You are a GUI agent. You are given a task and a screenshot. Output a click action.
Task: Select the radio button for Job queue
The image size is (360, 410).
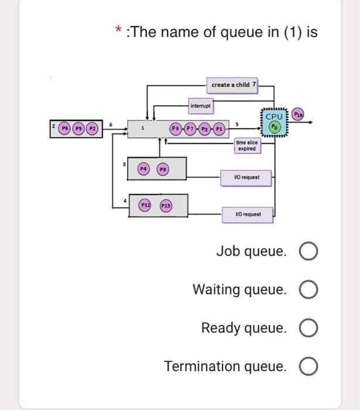point(308,252)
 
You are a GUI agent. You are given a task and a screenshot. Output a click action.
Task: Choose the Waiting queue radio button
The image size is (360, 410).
point(308,290)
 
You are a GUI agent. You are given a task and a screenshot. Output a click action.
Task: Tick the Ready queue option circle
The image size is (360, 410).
point(308,328)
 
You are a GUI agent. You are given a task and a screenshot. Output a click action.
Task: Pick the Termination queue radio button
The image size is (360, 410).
point(308,367)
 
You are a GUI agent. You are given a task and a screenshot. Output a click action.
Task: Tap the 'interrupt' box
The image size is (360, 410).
point(201,106)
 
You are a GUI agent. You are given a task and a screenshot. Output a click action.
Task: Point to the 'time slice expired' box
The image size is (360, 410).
point(246,146)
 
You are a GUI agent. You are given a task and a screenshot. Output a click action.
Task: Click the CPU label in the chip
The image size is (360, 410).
point(274,117)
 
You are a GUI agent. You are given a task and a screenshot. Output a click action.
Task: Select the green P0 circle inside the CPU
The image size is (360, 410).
point(274,127)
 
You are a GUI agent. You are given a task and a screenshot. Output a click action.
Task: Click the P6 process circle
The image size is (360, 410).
point(66,128)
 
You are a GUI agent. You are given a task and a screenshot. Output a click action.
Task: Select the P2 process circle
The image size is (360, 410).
point(92,128)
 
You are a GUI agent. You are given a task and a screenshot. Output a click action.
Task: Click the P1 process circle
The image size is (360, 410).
point(218,128)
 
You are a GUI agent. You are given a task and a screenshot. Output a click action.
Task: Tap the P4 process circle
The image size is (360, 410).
point(143,169)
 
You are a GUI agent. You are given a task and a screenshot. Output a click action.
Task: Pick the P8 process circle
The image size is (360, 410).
point(164,169)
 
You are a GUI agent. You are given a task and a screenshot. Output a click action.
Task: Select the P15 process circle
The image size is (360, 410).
point(166,206)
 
